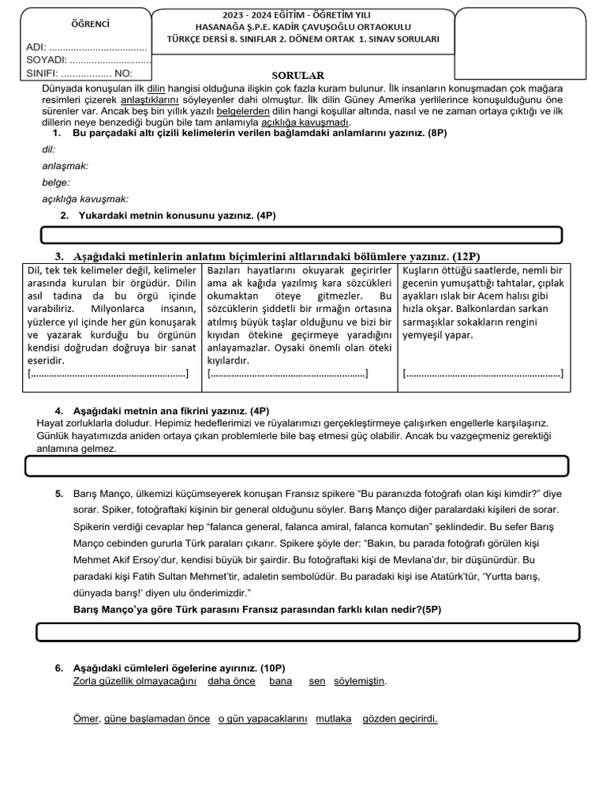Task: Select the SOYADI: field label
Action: coord(47,60)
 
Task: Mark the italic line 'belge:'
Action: coord(55,182)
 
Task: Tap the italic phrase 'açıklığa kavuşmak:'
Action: coord(85,199)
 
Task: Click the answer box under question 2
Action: coord(301,235)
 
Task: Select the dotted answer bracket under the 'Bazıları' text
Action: coord(287,374)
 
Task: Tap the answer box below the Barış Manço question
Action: coord(308,632)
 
